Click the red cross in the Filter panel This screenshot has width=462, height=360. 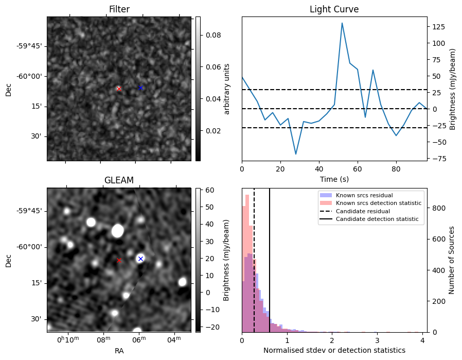click(119, 89)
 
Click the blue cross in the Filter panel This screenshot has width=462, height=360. click(140, 88)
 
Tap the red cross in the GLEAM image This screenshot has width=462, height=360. click(119, 261)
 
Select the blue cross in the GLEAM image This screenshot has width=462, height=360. click(140, 259)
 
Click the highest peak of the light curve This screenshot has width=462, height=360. click(342, 23)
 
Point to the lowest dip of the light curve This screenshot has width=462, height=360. click(296, 154)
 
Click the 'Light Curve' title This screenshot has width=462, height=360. click(334, 9)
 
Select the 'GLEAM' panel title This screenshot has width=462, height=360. click(119, 180)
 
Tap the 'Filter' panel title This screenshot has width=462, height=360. click(119, 9)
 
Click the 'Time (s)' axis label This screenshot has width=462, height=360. click(334, 178)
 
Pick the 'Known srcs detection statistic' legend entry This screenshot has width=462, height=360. click(379, 203)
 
